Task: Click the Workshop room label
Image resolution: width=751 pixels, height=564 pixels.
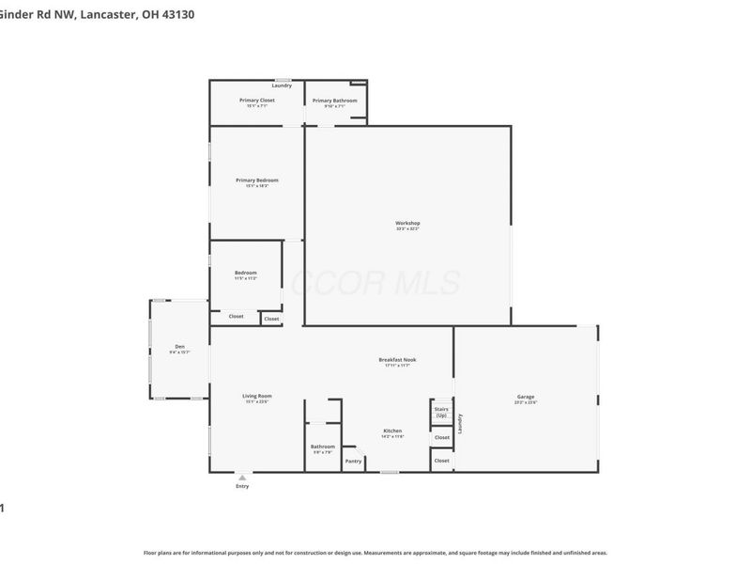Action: pos(407,223)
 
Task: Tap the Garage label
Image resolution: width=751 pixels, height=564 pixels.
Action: pos(526,396)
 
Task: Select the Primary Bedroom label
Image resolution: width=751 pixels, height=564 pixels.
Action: pos(256,180)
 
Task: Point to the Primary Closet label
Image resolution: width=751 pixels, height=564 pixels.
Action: pos(256,101)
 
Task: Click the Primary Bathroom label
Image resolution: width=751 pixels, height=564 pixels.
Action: pos(334,101)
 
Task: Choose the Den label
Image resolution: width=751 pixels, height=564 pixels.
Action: pos(179,346)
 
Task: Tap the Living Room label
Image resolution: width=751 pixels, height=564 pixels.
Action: pos(256,396)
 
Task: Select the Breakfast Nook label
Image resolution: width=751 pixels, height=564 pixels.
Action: pos(397,359)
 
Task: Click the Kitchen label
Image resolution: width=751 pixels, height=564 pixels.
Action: pos(392,431)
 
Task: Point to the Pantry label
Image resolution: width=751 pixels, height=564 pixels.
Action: pos(353,461)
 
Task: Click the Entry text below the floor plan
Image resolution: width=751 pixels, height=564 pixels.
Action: pos(242,486)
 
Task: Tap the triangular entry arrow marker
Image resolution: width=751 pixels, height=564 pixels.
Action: pos(242,478)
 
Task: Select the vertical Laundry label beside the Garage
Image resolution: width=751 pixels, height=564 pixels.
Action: pos(460,424)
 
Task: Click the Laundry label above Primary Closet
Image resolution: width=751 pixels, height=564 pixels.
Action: pos(282,86)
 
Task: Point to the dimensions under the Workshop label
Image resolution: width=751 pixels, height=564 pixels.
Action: pos(407,228)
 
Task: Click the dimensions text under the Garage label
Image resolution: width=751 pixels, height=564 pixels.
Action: pos(526,401)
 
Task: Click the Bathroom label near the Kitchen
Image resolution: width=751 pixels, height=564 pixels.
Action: pos(322,446)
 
